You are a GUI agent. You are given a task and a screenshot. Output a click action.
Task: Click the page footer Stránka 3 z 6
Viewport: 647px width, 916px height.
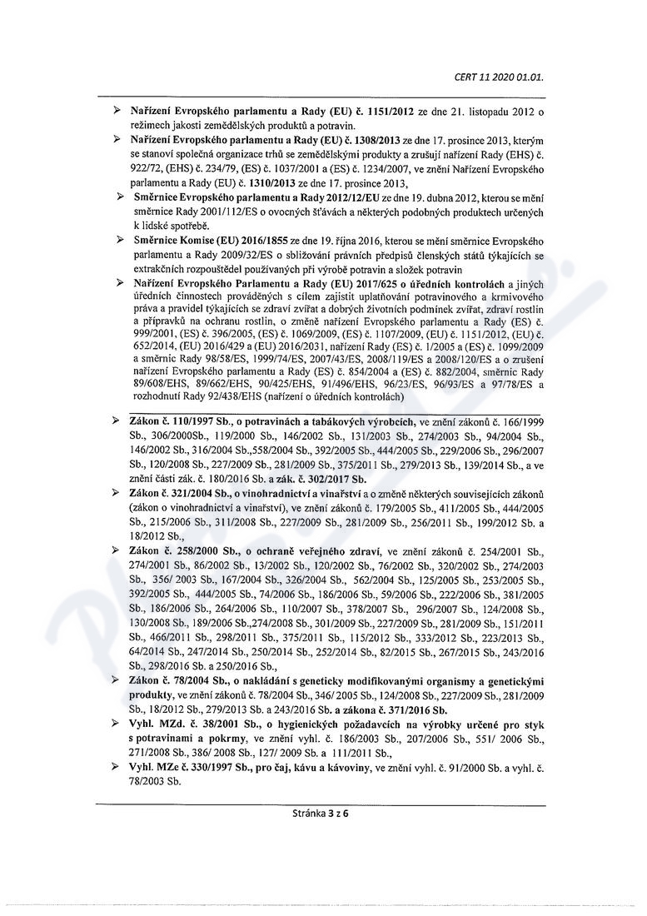pos(323,814)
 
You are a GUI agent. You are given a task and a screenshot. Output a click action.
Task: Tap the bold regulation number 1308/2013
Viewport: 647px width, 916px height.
pos(397,141)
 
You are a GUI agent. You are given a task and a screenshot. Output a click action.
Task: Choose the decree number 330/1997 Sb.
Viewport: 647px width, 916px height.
pos(221,767)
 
